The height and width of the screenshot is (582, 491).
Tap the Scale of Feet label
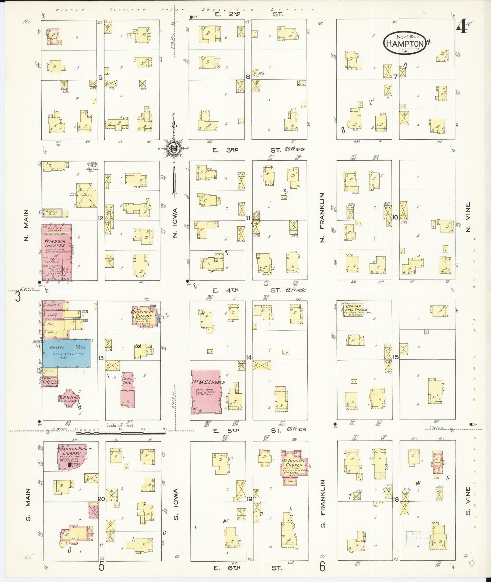[120, 426]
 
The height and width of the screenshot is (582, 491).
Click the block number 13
[101, 358]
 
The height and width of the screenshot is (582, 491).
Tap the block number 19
[249, 499]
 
